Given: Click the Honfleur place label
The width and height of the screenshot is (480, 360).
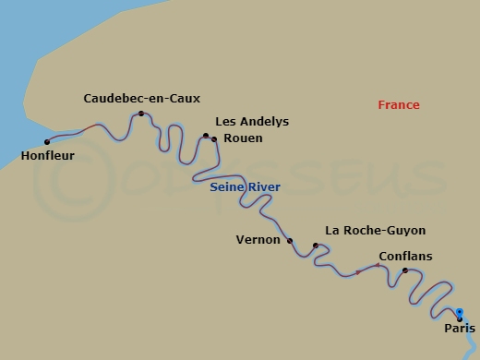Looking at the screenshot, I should click(47, 156).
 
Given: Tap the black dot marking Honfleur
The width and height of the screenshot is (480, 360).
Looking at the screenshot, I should click(47, 141).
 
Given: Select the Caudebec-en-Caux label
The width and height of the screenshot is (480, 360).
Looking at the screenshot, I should click(141, 98).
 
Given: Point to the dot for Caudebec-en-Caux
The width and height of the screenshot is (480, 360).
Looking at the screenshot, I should click(141, 114).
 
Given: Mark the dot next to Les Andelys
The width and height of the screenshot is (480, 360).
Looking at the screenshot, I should click(206, 135).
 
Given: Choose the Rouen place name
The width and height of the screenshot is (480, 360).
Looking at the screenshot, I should click(243, 138).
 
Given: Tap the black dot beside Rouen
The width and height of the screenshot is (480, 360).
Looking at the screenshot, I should click(214, 139).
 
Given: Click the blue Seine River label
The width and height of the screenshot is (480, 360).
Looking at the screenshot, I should click(245, 187).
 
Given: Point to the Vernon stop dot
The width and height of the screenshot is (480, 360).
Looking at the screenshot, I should click(290, 241).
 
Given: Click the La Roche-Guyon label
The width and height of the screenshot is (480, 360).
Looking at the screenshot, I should click(376, 231).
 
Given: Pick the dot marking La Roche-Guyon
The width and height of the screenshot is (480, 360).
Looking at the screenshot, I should click(316, 246).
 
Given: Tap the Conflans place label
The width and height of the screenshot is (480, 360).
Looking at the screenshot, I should click(405, 256).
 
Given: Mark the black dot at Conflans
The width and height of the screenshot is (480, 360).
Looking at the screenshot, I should click(405, 270).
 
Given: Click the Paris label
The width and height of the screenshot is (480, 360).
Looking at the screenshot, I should click(460, 328).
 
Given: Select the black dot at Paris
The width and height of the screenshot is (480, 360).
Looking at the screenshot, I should click(460, 318).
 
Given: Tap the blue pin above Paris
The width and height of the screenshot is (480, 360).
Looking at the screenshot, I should click(459, 312).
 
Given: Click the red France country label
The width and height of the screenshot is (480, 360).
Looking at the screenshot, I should click(399, 105).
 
